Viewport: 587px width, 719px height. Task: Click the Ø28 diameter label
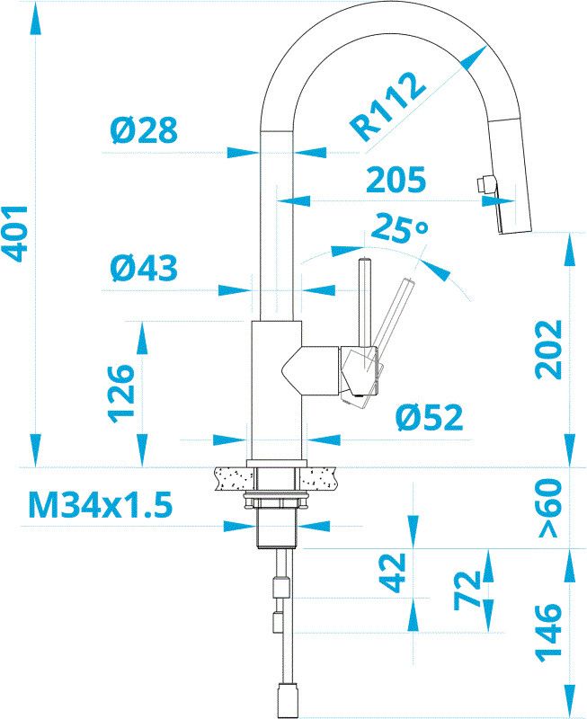click(x=144, y=131)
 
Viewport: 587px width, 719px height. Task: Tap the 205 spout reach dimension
click(x=396, y=181)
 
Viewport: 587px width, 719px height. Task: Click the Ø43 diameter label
click(x=144, y=268)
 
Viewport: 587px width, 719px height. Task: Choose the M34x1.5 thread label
click(x=100, y=506)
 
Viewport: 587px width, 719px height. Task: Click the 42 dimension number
click(x=389, y=573)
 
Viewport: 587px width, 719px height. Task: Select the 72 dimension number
click(x=466, y=589)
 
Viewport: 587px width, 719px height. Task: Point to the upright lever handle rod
click(x=365, y=302)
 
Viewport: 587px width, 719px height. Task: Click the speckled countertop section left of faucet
click(x=233, y=477)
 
